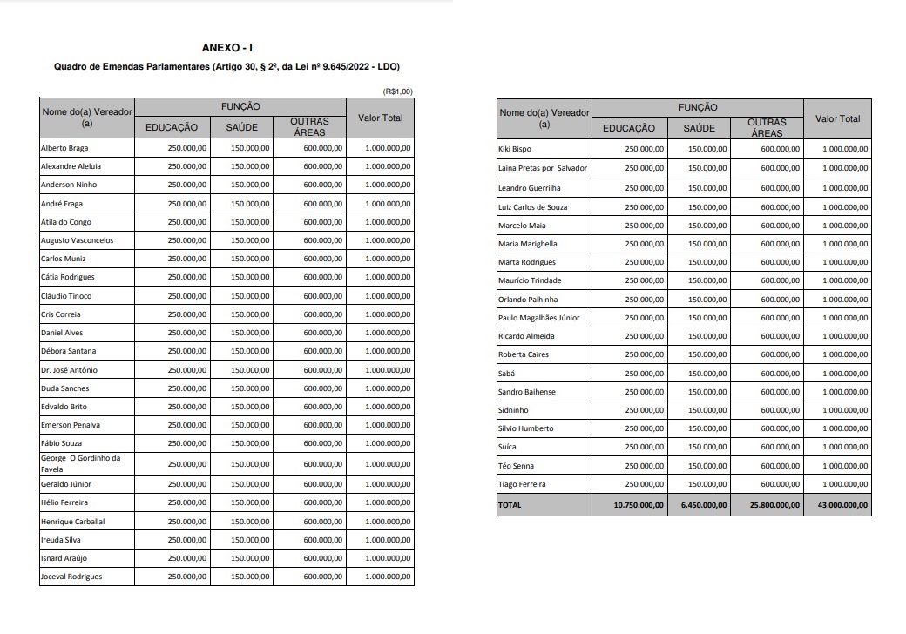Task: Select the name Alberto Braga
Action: pos(64,148)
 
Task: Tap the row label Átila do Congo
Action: pos(66,222)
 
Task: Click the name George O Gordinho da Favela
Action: pos(81,463)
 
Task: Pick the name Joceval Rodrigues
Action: pos(71,577)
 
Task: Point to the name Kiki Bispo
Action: pos(515,150)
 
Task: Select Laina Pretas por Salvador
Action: pos(543,168)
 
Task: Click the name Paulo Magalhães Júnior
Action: pos(538,318)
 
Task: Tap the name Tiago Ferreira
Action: pos(522,484)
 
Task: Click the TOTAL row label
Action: pos(510,505)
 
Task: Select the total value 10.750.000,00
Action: pos(639,505)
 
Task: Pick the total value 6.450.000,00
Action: pos(703,505)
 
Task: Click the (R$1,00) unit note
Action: pos(397,91)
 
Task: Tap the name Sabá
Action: pos(506,373)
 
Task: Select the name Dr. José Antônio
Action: pos(70,370)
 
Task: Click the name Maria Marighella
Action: pos(528,244)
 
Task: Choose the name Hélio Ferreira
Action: pos(64,502)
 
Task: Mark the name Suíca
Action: pos(508,447)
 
